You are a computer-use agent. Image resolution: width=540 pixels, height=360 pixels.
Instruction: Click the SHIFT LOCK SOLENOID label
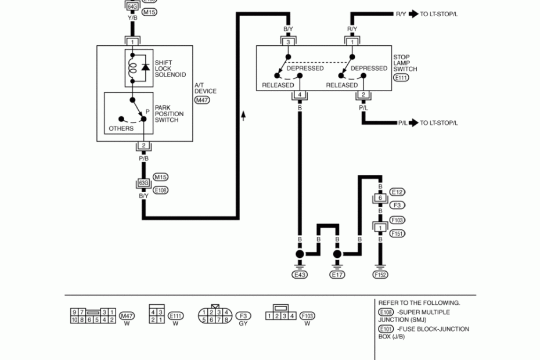point(170,69)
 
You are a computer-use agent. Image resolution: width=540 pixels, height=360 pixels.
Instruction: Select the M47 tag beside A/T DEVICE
point(203,100)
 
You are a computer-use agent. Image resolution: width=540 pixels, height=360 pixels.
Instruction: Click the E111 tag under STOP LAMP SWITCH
point(401,78)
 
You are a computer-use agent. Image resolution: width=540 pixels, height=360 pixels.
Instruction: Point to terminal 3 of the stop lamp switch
point(288,42)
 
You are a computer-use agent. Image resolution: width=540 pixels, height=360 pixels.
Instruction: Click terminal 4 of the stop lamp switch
point(300,95)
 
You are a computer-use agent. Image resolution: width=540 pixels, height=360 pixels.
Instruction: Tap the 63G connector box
point(143,183)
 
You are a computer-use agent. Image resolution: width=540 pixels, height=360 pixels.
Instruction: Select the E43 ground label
point(300,275)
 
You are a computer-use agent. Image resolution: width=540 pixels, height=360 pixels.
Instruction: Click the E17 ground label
point(337,275)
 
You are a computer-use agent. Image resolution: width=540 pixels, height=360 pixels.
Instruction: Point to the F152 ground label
point(380,275)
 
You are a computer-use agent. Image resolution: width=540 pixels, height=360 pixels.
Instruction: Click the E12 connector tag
point(397,192)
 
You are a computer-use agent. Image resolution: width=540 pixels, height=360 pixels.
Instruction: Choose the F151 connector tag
point(398,233)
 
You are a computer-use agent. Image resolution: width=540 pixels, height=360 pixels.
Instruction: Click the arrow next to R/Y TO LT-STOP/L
point(413,14)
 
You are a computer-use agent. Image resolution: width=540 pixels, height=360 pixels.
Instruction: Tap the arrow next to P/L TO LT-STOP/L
point(413,123)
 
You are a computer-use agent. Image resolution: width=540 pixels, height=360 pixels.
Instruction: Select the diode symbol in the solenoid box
point(146,67)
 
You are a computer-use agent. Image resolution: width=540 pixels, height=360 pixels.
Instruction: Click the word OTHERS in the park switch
point(121,128)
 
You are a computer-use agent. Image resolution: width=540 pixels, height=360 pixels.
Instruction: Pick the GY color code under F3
point(244,323)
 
